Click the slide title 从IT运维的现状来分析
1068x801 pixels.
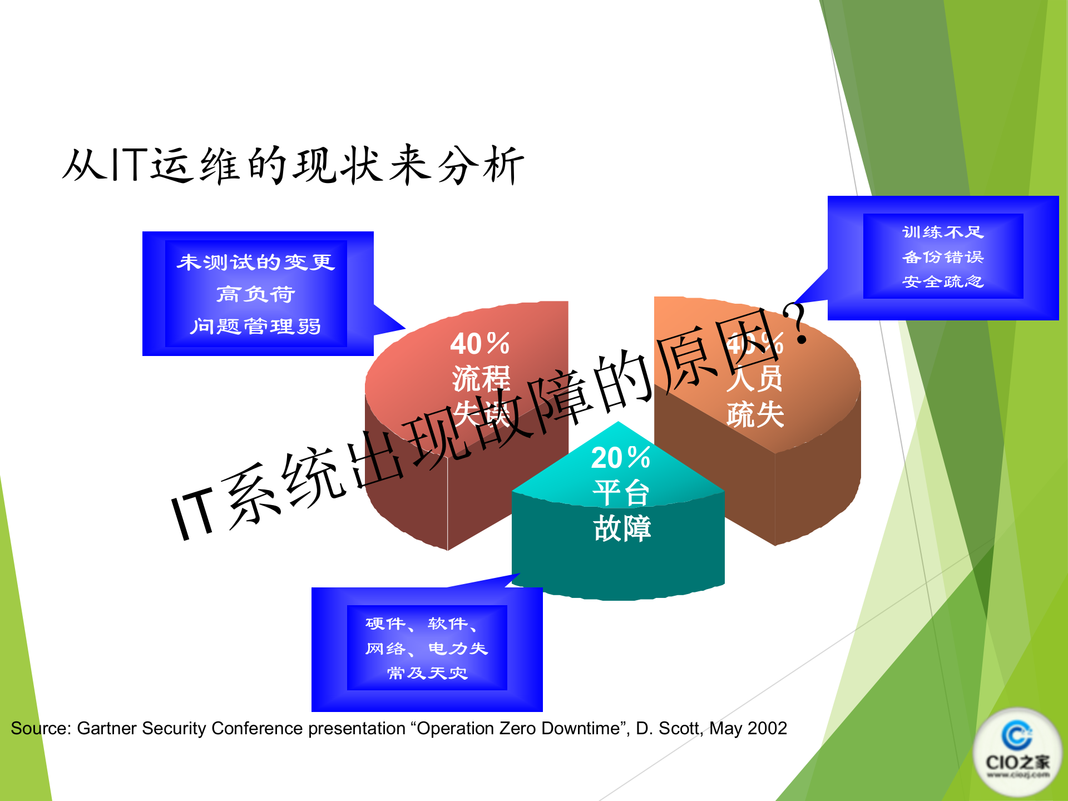tap(293, 165)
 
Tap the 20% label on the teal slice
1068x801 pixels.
tap(620, 458)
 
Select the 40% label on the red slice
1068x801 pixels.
tap(479, 343)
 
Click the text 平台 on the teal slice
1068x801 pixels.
tap(621, 493)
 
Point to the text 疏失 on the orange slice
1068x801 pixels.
tap(755, 415)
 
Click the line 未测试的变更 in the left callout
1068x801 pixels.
tap(256, 262)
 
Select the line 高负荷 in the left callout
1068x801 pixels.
tap(256, 294)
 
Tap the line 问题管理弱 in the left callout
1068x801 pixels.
tap(256, 326)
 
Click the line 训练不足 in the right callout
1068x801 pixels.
tap(943, 232)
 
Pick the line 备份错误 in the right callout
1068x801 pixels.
tap(943, 257)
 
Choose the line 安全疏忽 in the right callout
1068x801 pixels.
tap(943, 282)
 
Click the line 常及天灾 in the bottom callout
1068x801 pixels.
tap(427, 673)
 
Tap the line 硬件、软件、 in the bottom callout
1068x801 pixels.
tap(421, 624)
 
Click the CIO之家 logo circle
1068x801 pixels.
tap(1017, 751)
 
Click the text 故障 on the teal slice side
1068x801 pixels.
tap(622, 528)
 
